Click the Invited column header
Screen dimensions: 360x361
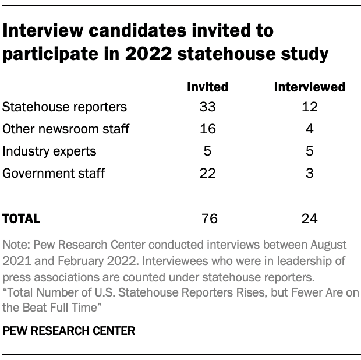(x=207, y=87)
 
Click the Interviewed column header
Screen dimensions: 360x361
(x=310, y=87)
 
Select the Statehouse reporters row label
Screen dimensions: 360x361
(x=65, y=107)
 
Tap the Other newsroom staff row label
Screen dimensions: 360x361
(x=66, y=129)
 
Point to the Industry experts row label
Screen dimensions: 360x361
(x=49, y=151)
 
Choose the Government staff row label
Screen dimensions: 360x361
(x=54, y=173)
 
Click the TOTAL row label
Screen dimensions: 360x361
(x=22, y=218)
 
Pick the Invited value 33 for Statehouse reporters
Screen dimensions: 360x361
(x=207, y=107)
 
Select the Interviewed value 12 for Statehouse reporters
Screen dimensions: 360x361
(x=310, y=107)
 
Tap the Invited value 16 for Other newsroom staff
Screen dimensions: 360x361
(x=207, y=129)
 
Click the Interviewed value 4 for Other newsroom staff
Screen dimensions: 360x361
(x=310, y=129)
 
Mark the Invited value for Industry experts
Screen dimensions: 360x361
(x=207, y=151)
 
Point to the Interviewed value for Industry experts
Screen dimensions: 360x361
(x=310, y=151)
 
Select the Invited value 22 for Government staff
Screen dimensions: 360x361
(x=207, y=173)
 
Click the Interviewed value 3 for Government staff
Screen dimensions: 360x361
(x=310, y=173)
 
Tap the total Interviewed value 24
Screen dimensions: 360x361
(x=310, y=218)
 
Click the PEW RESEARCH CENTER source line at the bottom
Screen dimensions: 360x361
(x=69, y=331)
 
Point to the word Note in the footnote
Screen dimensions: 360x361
(x=15, y=243)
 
